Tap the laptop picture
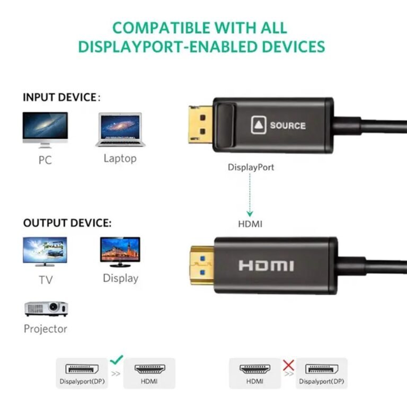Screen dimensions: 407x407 tap(120, 129)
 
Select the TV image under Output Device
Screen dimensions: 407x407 tap(45, 252)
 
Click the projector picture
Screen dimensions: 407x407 tap(46, 308)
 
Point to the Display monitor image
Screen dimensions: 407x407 tap(120, 252)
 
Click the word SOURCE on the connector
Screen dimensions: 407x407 tap(288, 126)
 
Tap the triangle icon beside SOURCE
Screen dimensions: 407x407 tap(259, 125)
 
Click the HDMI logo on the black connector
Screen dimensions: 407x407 tap(267, 266)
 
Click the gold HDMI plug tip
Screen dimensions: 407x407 tap(202, 266)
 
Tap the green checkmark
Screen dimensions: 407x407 tap(117, 359)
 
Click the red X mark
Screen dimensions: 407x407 tap(288, 365)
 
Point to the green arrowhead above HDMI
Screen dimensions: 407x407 tap(250, 214)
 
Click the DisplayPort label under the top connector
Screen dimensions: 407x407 tap(251, 167)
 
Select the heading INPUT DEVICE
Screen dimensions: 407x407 tap(60, 98)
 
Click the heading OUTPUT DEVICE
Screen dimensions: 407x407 tap(67, 223)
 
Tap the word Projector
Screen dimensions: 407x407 tap(46, 329)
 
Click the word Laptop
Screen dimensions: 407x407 tap(120, 158)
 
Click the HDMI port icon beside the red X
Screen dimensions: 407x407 tap(255, 369)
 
